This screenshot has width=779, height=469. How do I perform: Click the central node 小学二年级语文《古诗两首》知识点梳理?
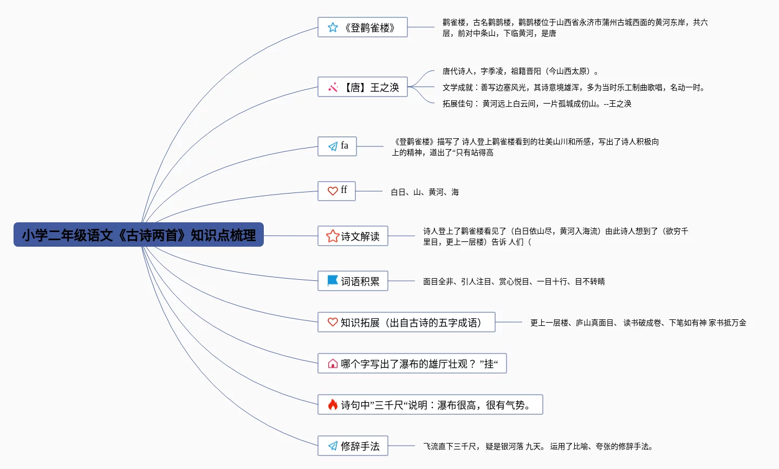139,235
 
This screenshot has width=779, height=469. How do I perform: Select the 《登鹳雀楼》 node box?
362,27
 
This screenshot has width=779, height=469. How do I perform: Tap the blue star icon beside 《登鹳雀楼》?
333,27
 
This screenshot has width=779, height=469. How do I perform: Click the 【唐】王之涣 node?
362,87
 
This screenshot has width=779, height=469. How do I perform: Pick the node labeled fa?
337,146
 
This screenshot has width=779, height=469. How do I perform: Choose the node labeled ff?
336,191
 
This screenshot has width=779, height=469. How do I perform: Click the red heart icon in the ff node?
333,191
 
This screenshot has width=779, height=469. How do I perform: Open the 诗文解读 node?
353,236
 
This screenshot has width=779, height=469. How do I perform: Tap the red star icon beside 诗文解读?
332,236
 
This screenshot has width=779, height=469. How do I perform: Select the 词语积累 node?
353,281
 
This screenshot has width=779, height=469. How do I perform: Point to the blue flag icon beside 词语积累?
333,280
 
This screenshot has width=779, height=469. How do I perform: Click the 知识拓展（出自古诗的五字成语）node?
406,322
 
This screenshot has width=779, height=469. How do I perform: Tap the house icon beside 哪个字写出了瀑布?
333,363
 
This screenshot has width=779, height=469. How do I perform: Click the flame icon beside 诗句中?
333,404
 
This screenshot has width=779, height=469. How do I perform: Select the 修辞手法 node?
353,446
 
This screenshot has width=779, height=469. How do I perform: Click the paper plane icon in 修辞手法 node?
333,446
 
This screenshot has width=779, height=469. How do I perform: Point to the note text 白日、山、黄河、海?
425,192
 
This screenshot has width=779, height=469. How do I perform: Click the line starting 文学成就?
574,87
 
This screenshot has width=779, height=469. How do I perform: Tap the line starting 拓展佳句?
536,104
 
